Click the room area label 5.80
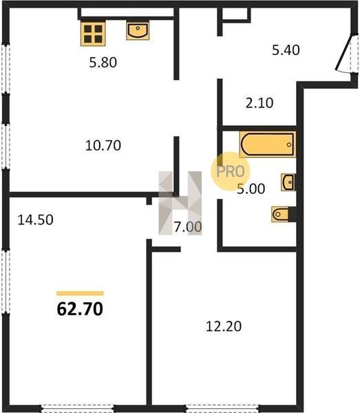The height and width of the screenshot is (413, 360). tap(103, 63)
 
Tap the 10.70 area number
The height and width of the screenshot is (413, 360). tap(103, 145)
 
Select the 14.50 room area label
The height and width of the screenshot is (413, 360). tap(36, 220)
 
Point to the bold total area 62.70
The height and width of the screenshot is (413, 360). tap(80, 309)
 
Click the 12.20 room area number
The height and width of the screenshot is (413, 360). tap(224, 326)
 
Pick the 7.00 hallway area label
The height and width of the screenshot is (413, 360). tap(188, 226)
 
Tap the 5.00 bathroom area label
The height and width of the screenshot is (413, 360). tap(251, 189)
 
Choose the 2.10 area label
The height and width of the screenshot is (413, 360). tap(260, 103)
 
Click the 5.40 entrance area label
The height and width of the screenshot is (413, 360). tap(286, 50)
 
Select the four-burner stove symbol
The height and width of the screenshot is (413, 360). tap(93, 34)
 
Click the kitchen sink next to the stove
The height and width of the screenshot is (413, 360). tap(138, 30)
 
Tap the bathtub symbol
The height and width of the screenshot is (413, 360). tap(268, 145)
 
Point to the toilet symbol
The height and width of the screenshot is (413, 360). tap(280, 214)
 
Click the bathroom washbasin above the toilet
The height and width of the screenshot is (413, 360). tap(288, 182)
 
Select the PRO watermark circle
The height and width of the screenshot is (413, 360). tap(231, 171)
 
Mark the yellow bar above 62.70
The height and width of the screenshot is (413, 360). tap(80, 293)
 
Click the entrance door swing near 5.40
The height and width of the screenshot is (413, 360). tap(344, 54)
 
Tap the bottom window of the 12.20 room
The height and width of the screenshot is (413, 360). tap(222, 409)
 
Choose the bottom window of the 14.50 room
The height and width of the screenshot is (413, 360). tap(77, 409)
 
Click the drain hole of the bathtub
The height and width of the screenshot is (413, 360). tap(289, 145)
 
